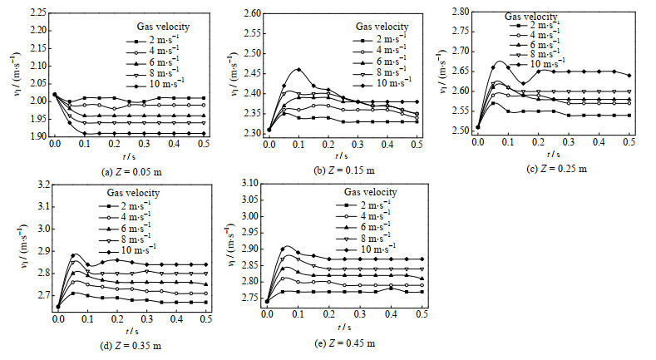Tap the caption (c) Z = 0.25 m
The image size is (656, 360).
(x=552, y=169)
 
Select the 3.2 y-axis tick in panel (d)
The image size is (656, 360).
(x=40, y=184)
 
